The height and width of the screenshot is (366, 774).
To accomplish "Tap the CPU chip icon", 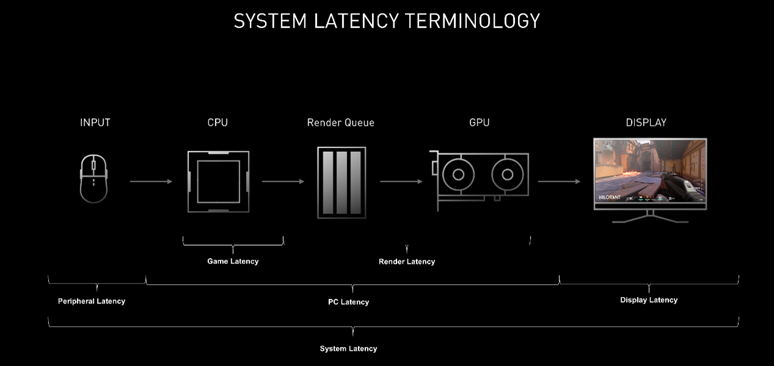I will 218,181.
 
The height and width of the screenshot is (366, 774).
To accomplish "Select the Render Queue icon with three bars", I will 341,182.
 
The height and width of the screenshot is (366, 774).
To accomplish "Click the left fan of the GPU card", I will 456,174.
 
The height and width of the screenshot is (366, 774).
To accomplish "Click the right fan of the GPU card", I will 507,174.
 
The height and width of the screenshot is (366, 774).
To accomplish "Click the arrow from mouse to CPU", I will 151,181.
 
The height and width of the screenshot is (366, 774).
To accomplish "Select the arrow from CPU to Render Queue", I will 283,181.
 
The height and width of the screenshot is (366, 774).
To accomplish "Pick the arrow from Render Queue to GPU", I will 401,181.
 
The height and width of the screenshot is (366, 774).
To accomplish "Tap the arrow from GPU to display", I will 559,181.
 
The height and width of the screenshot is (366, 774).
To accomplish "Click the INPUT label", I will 95,123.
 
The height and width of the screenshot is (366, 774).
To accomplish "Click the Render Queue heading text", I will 341,123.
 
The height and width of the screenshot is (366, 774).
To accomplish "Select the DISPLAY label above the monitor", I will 646,123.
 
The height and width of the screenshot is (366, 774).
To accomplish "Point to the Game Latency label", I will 233,261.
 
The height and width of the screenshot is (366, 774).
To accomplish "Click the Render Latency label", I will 407,262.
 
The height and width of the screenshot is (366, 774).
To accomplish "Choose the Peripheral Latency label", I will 92,301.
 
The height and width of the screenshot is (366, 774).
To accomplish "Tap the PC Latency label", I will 348,302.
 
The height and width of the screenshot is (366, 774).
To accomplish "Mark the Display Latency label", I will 649,300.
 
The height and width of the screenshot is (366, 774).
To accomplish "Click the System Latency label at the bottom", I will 348,348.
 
